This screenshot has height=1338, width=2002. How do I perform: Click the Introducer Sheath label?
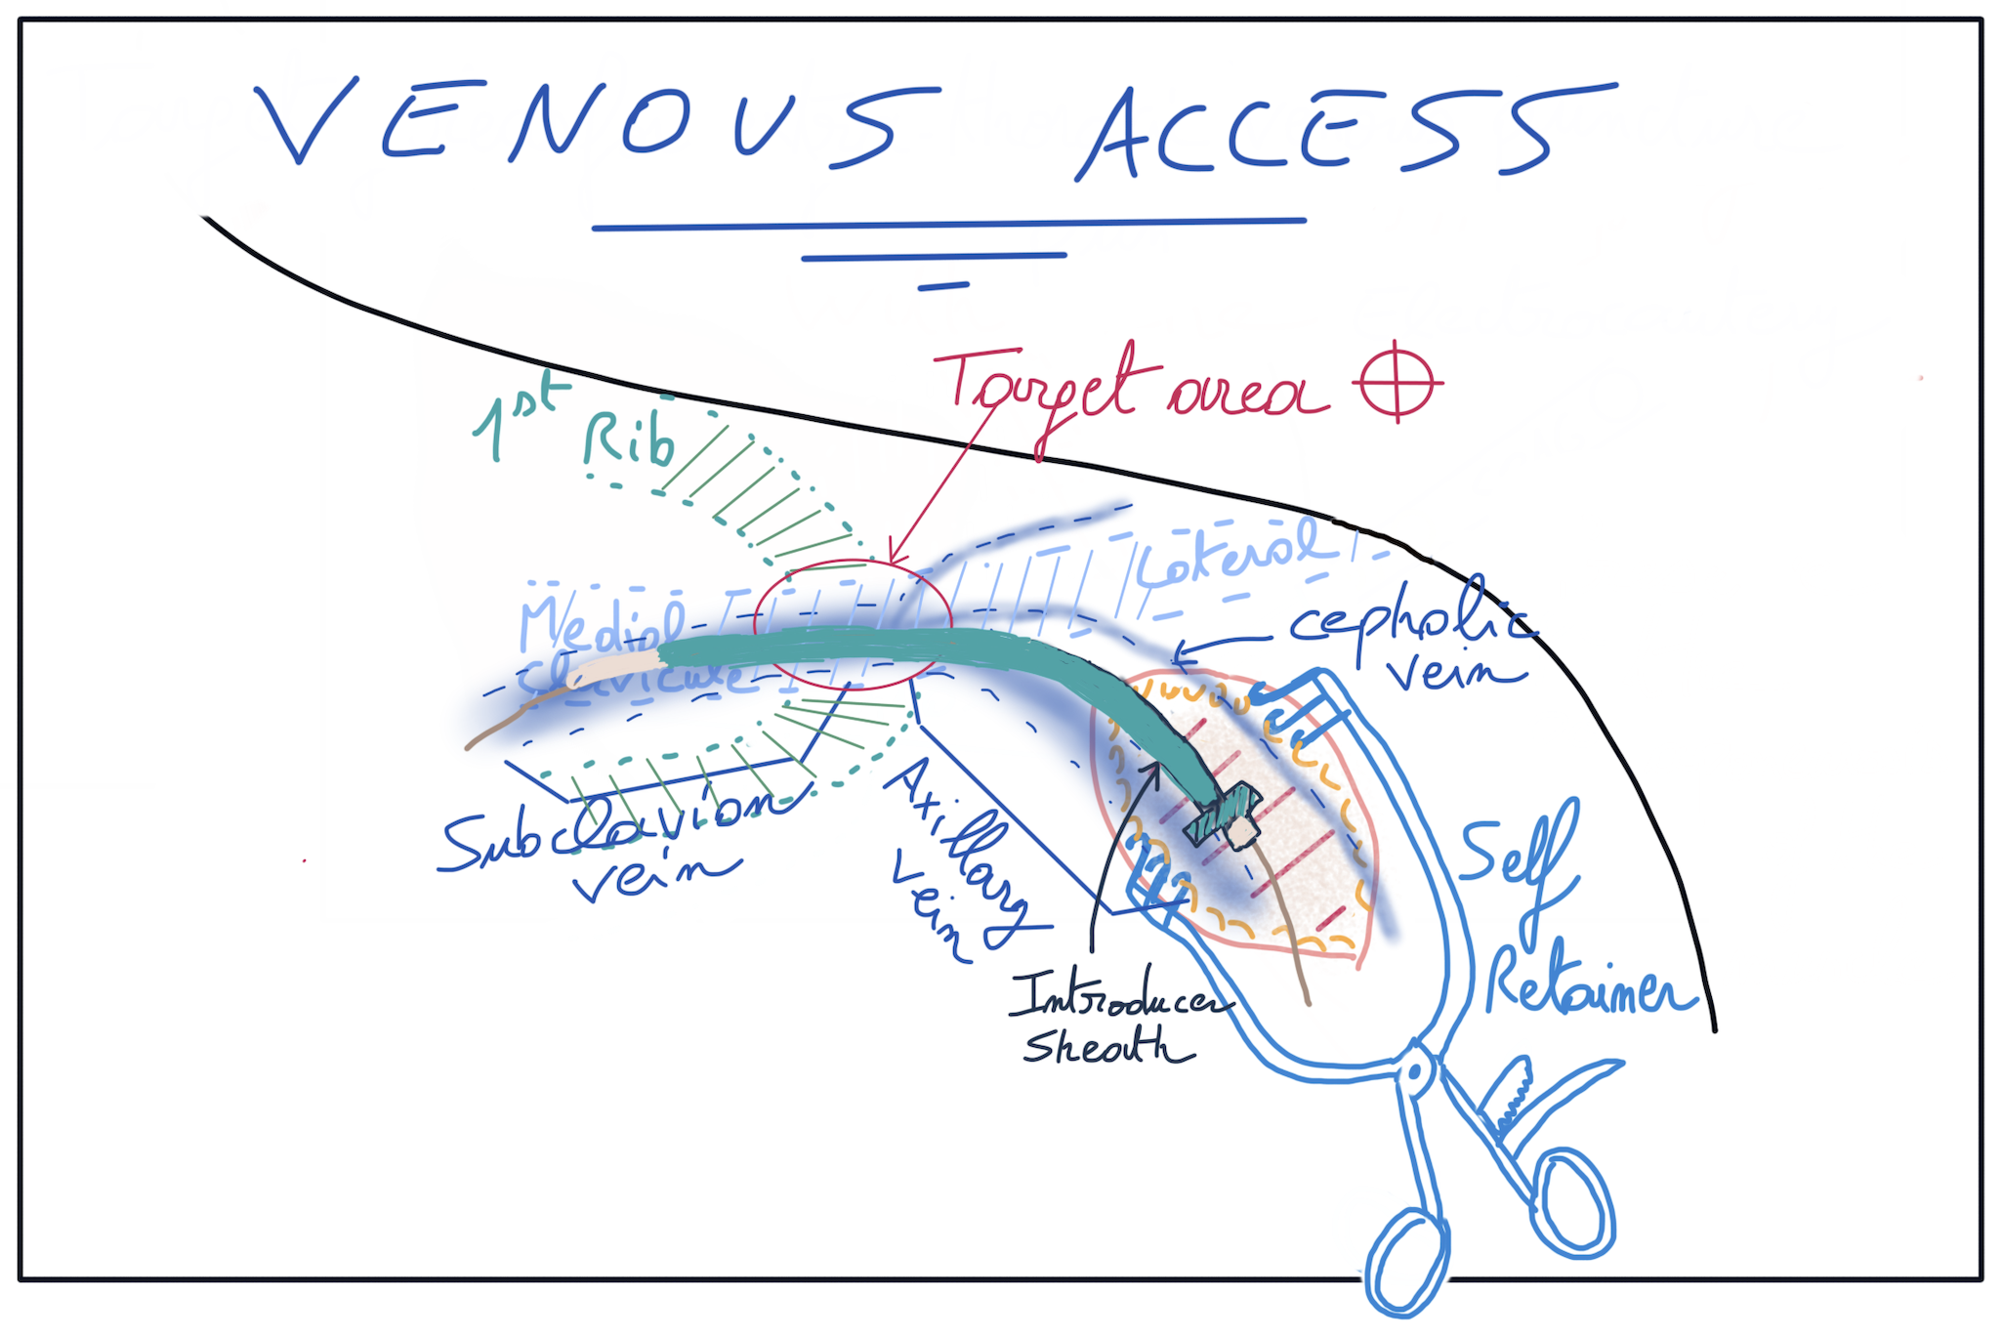click(x=1113, y=1021)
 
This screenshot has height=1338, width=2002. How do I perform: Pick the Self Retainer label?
click(x=1563, y=918)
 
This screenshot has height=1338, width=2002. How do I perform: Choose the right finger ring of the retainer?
click(x=1572, y=1201)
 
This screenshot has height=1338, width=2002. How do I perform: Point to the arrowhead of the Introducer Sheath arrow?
click(x=1155, y=770)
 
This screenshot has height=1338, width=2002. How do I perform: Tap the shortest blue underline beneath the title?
click(x=943, y=286)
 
